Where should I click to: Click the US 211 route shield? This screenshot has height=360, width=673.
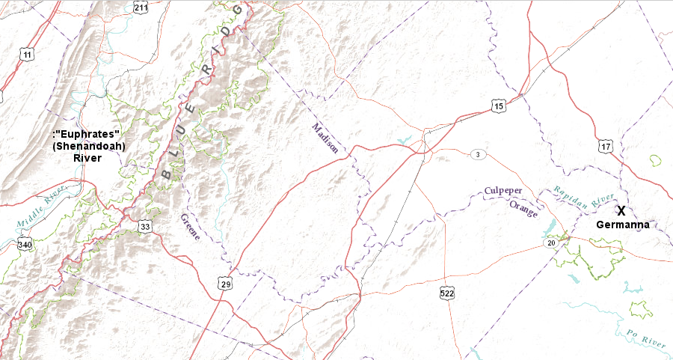click(141, 7)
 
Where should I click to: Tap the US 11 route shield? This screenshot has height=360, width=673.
click(28, 55)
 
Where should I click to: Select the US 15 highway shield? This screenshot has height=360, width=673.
click(499, 106)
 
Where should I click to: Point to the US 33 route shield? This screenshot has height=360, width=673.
click(145, 226)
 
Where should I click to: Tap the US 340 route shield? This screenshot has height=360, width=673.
click(25, 244)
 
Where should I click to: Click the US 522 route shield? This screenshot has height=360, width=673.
click(446, 293)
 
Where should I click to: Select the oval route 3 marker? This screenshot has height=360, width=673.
click(478, 154)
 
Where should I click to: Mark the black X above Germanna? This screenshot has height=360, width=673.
click(621, 212)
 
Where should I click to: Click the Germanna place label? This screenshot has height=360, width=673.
click(621, 225)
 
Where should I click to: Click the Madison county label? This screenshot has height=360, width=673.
click(325, 138)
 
